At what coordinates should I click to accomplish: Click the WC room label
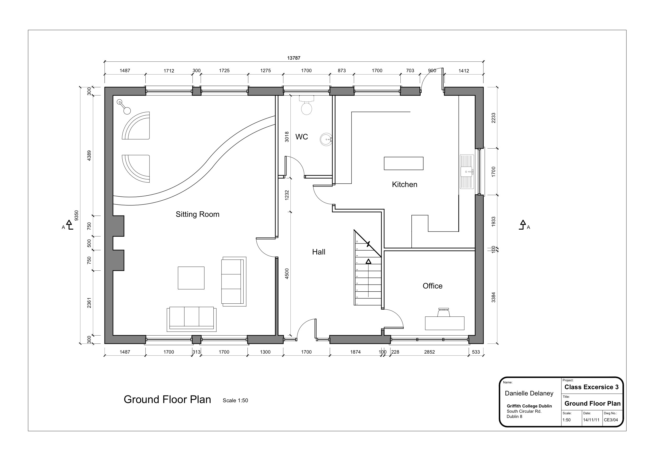click(x=301, y=137)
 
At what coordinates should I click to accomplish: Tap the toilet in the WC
click(x=306, y=107)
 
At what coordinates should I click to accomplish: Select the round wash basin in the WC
click(x=326, y=139)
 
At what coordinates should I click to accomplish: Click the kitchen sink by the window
click(x=467, y=172)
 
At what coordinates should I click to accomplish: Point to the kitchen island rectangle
click(x=403, y=163)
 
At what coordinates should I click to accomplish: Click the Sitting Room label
click(x=197, y=214)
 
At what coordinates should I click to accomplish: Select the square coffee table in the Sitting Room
click(x=191, y=278)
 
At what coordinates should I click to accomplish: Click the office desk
click(x=444, y=323)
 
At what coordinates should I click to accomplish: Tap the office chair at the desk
click(x=444, y=312)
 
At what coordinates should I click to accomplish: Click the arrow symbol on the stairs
click(x=368, y=262)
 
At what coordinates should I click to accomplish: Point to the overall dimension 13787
click(x=294, y=58)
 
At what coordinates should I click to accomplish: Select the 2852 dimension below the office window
click(x=429, y=352)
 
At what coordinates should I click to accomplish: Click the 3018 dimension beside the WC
click(x=287, y=137)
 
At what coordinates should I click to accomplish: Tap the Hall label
click(x=318, y=252)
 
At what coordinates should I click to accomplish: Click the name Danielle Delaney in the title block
click(x=529, y=393)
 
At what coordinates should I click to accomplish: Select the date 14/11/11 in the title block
click(x=591, y=420)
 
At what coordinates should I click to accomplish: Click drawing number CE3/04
click(x=611, y=420)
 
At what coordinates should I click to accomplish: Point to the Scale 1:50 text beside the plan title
click(x=235, y=400)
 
